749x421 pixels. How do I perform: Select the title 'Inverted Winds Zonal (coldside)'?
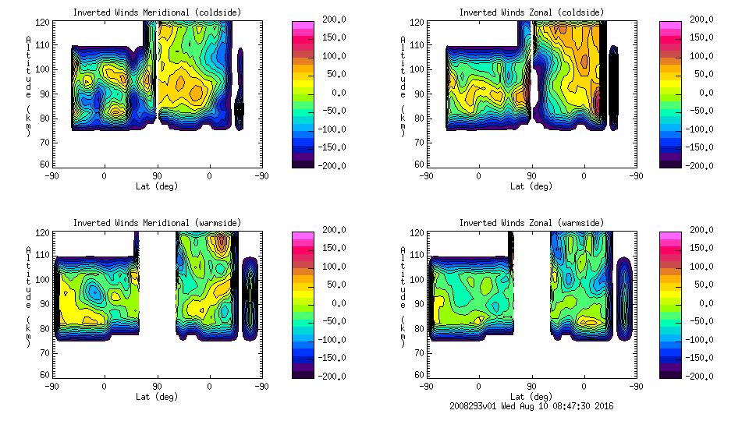pos(531,12)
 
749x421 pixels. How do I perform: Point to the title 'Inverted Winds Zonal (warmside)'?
pos(531,223)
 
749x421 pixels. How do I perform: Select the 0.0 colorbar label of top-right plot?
pos(705,93)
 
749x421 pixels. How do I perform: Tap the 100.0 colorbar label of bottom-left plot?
pos(331,267)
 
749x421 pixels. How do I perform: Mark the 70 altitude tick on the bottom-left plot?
pos(46,352)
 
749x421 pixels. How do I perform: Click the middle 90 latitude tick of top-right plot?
pos(531,176)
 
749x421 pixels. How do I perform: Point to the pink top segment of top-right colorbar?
pos(671,26)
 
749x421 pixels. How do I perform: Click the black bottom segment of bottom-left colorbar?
pos(304,372)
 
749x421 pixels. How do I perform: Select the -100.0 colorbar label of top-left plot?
pos(328,129)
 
